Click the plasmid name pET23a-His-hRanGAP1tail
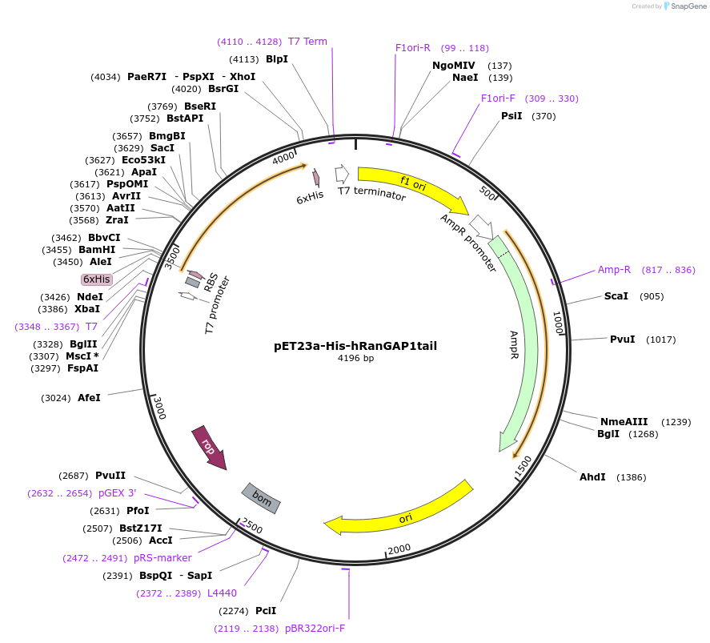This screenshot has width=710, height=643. tap(355, 346)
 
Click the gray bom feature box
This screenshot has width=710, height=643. tap(262, 498)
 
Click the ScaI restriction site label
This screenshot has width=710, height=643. tap(616, 296)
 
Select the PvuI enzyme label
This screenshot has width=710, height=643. tap(622, 340)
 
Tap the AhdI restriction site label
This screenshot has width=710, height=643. tap(592, 477)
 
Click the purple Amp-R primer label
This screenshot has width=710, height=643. tap(614, 270)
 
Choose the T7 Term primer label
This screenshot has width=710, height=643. tap(307, 42)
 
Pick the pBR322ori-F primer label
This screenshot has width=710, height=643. tap(315, 629)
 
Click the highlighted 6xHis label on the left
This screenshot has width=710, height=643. tap(97, 279)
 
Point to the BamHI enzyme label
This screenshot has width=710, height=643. tap(96, 250)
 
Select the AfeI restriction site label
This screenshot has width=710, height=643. tap(89, 397)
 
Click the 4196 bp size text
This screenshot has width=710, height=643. tap(355, 359)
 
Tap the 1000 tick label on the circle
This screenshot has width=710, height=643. tap(558, 324)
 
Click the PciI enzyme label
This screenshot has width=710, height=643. tap(266, 611)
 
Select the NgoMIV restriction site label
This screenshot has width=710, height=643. tap(454, 66)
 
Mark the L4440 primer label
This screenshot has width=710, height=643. tap(222, 593)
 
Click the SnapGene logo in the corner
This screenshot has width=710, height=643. tap(682, 6)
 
